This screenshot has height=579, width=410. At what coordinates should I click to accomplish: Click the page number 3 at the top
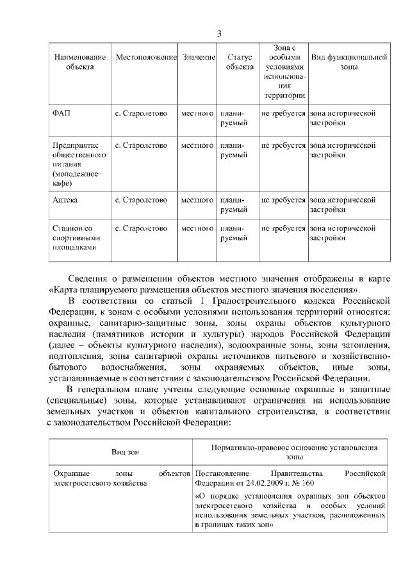tap(219, 33)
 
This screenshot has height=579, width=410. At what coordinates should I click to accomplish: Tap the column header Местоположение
tap(145, 58)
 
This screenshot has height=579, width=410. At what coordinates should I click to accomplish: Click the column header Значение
tap(197, 58)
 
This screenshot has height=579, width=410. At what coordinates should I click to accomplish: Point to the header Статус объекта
tap(240, 62)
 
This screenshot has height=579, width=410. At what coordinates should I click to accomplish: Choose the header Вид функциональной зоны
tap(348, 62)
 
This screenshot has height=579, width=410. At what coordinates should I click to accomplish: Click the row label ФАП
tap(61, 113)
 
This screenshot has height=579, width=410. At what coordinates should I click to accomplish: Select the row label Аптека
tap(66, 200)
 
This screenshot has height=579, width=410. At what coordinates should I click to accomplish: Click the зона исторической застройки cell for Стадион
tap(342, 233)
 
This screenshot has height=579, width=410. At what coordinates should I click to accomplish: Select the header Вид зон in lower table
tap(125, 452)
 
